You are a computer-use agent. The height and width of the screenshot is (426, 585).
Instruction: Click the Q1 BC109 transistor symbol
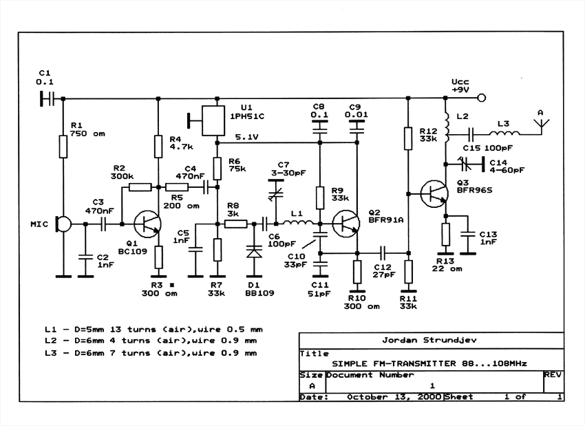(x=147, y=224)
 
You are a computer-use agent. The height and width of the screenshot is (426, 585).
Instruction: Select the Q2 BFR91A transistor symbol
(x=346, y=224)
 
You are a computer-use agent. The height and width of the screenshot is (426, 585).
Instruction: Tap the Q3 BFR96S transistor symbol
(x=434, y=194)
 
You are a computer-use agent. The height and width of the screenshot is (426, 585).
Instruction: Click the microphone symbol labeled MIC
(x=63, y=224)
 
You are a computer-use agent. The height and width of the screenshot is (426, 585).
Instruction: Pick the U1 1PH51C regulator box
(x=213, y=120)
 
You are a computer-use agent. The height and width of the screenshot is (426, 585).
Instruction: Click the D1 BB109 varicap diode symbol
(x=255, y=252)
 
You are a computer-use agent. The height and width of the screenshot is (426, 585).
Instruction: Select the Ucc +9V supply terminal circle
(x=482, y=98)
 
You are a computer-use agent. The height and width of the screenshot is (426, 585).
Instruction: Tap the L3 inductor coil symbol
(x=504, y=133)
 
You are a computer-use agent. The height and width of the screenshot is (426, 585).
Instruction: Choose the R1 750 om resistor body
(x=63, y=147)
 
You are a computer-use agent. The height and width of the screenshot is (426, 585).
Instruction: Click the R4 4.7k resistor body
(x=158, y=147)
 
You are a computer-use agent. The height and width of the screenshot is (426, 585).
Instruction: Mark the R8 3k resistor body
(x=236, y=224)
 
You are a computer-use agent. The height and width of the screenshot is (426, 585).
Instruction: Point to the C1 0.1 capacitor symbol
(x=47, y=99)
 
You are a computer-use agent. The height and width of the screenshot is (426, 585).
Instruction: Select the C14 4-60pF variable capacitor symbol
(x=467, y=164)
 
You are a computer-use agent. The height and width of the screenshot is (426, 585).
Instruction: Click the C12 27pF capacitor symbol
(x=383, y=253)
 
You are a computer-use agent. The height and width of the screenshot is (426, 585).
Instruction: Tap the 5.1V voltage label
(x=246, y=137)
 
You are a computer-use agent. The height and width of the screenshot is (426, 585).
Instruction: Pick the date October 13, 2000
(x=394, y=397)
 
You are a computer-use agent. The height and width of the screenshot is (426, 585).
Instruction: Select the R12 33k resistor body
(x=408, y=138)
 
